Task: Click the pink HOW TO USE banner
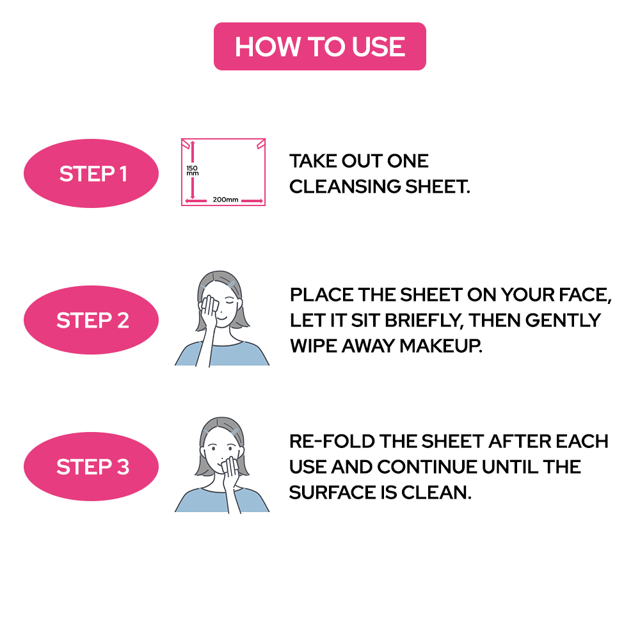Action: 319,47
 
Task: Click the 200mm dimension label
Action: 225,200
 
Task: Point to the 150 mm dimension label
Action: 191,171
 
